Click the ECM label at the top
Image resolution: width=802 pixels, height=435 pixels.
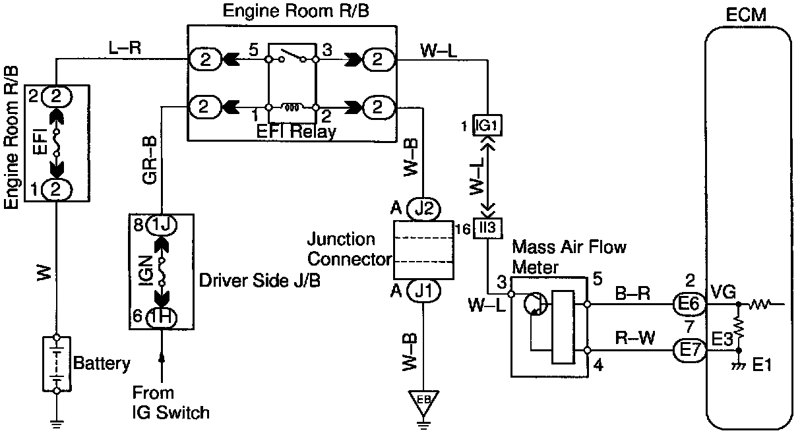click(748, 14)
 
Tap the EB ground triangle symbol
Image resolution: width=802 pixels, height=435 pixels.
click(423, 399)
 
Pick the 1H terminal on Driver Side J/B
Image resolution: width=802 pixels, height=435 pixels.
click(161, 317)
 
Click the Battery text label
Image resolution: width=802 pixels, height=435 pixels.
click(102, 362)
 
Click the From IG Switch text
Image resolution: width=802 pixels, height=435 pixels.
click(171, 403)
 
